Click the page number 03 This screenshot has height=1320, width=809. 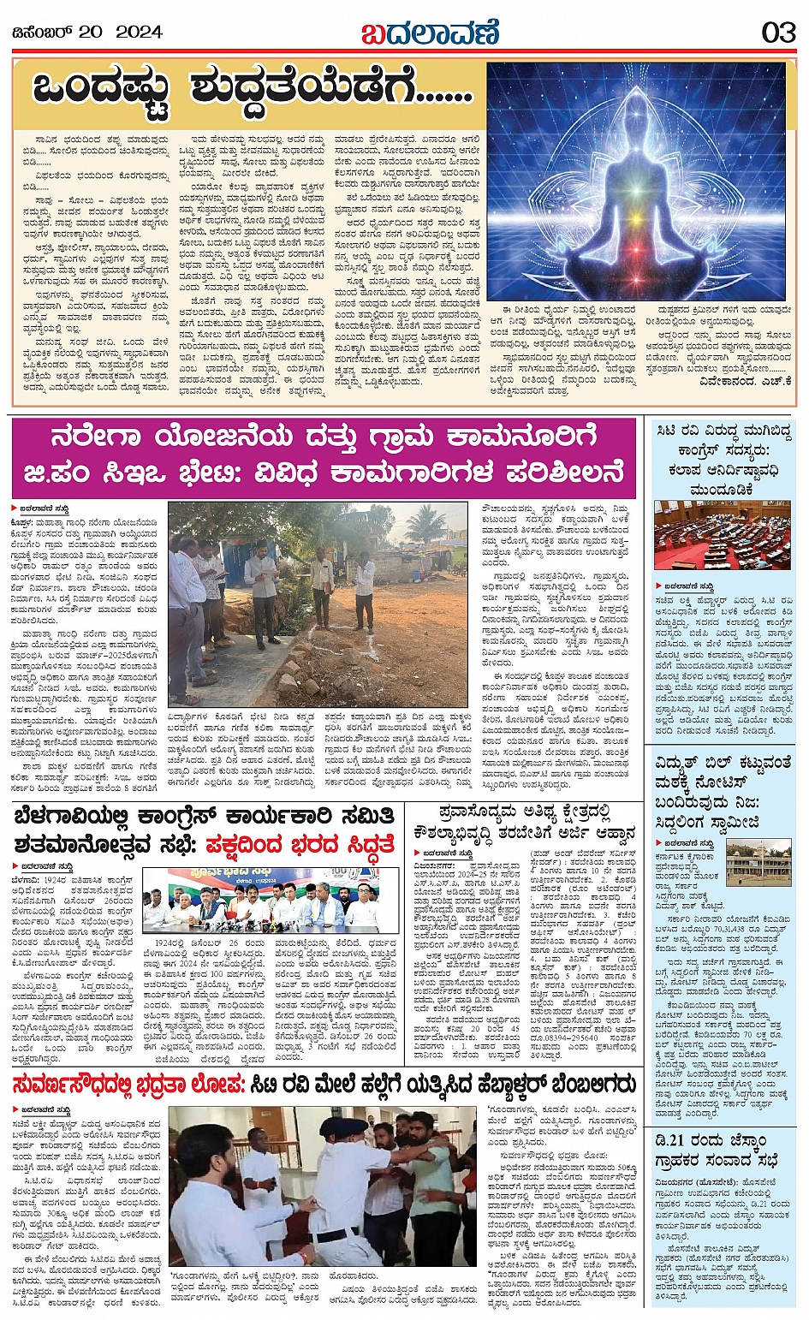(x=778, y=33)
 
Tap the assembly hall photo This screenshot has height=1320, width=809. (x=722, y=535)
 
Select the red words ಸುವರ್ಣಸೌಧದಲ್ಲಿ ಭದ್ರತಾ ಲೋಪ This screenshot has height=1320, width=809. (x=128, y=1085)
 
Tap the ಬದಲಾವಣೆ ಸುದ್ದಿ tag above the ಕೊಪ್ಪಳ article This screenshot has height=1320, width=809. (x=38, y=508)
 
